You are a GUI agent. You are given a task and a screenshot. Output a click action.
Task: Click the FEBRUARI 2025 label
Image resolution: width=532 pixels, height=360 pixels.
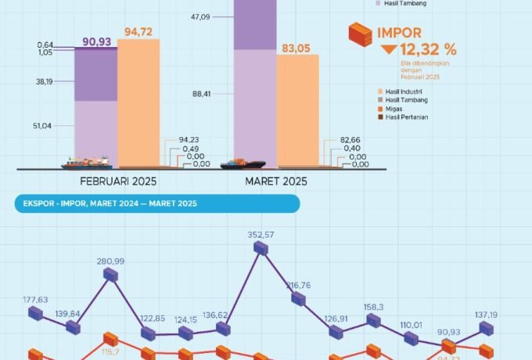tap(118, 182)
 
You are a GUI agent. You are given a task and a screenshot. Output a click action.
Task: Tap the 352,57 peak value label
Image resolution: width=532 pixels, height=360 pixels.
tap(262, 234)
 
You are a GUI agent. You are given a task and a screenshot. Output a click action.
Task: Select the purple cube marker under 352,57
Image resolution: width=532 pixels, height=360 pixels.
tap(262, 249)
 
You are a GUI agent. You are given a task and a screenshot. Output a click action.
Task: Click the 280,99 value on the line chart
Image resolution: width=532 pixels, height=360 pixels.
tap(111, 261)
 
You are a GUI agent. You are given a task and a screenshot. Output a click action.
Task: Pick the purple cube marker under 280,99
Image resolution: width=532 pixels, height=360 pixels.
tap(111, 275)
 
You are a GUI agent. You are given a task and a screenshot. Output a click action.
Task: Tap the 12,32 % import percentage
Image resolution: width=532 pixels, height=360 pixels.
tap(429, 49)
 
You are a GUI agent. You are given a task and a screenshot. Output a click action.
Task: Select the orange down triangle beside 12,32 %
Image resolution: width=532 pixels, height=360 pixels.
tap(388, 49)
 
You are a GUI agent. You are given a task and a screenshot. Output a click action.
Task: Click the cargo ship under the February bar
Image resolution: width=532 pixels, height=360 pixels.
tap(87, 163)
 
